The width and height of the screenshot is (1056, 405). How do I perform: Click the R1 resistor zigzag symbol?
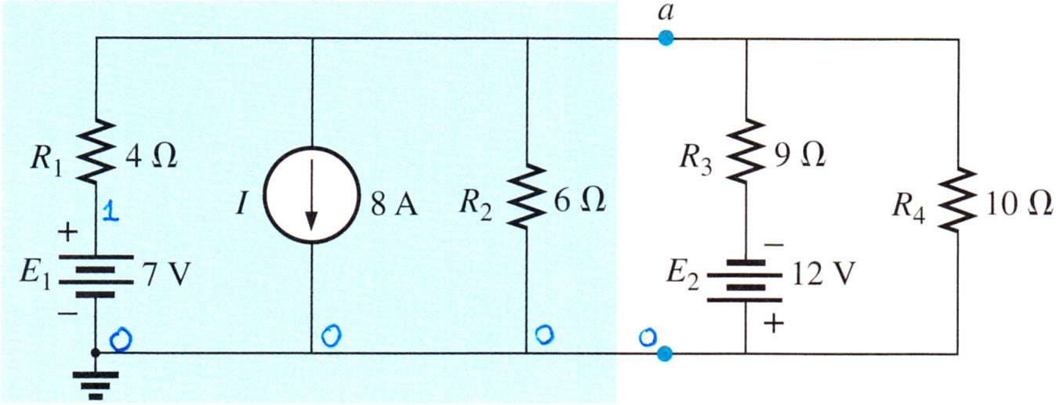click(96, 152)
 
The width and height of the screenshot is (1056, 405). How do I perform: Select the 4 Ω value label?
click(151, 156)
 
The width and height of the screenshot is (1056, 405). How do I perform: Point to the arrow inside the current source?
click(311, 195)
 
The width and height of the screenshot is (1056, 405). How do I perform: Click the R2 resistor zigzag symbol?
click(526, 197)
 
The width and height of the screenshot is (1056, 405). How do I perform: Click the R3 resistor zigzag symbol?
click(746, 150)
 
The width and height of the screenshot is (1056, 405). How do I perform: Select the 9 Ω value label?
click(800, 155)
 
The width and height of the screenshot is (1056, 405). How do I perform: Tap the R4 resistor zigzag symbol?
click(957, 199)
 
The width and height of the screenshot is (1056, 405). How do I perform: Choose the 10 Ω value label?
click(1019, 204)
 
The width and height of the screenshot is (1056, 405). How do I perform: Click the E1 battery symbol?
click(96, 276)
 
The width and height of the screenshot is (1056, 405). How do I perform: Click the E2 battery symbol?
click(746, 280)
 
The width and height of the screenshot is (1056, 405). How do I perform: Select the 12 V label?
click(823, 273)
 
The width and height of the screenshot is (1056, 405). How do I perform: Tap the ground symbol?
click(96, 384)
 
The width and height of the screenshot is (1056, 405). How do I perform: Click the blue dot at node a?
click(666, 38)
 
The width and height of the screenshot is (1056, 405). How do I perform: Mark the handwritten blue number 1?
click(111, 211)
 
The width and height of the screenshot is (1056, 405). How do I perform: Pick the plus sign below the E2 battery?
click(774, 324)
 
